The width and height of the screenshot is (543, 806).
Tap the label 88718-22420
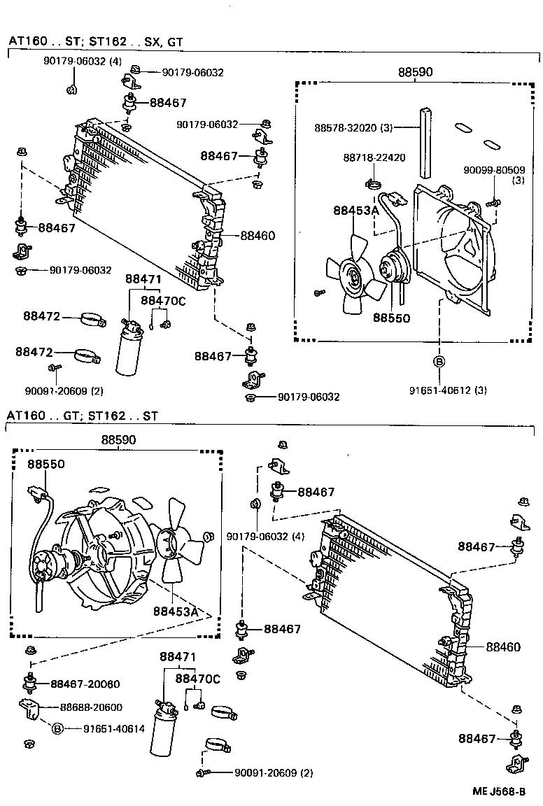click(x=374, y=157)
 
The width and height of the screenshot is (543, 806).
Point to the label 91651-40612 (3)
click(x=448, y=390)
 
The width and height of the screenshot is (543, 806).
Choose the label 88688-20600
click(x=91, y=707)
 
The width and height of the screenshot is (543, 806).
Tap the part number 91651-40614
click(x=114, y=728)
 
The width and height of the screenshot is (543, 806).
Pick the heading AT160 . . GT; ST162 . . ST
click(x=83, y=416)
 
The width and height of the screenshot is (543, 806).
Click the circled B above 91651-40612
click(x=439, y=362)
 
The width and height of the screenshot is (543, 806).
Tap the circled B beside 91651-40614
click(x=59, y=728)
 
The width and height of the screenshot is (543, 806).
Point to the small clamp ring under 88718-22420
click(x=374, y=185)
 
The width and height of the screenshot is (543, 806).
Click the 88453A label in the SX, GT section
click(x=355, y=210)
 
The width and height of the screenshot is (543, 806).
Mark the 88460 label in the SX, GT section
click(x=258, y=236)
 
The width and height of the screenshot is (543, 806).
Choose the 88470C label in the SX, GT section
click(x=163, y=301)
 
